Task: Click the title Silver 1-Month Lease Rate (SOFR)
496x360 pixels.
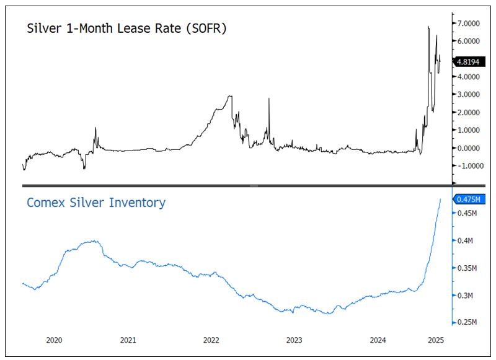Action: (x=126, y=29)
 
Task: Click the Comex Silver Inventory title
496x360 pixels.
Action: (x=96, y=203)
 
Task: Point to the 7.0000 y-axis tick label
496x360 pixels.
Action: (x=471, y=23)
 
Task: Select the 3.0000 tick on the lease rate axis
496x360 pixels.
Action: (x=471, y=95)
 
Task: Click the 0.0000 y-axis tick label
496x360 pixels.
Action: (x=471, y=148)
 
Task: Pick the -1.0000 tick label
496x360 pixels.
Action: (x=469, y=166)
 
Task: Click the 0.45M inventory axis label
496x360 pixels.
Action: (x=468, y=214)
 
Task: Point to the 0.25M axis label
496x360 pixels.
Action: (x=468, y=323)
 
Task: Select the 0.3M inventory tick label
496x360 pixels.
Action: (x=467, y=296)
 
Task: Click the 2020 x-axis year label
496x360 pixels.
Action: (x=54, y=340)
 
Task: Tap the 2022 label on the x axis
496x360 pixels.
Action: (x=211, y=340)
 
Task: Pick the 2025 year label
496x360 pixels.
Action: (x=436, y=340)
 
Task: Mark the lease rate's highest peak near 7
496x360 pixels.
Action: (x=428, y=27)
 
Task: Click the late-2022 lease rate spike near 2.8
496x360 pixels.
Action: (x=269, y=99)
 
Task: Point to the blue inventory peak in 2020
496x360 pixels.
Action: (x=94, y=240)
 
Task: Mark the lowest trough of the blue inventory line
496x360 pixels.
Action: (x=328, y=314)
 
